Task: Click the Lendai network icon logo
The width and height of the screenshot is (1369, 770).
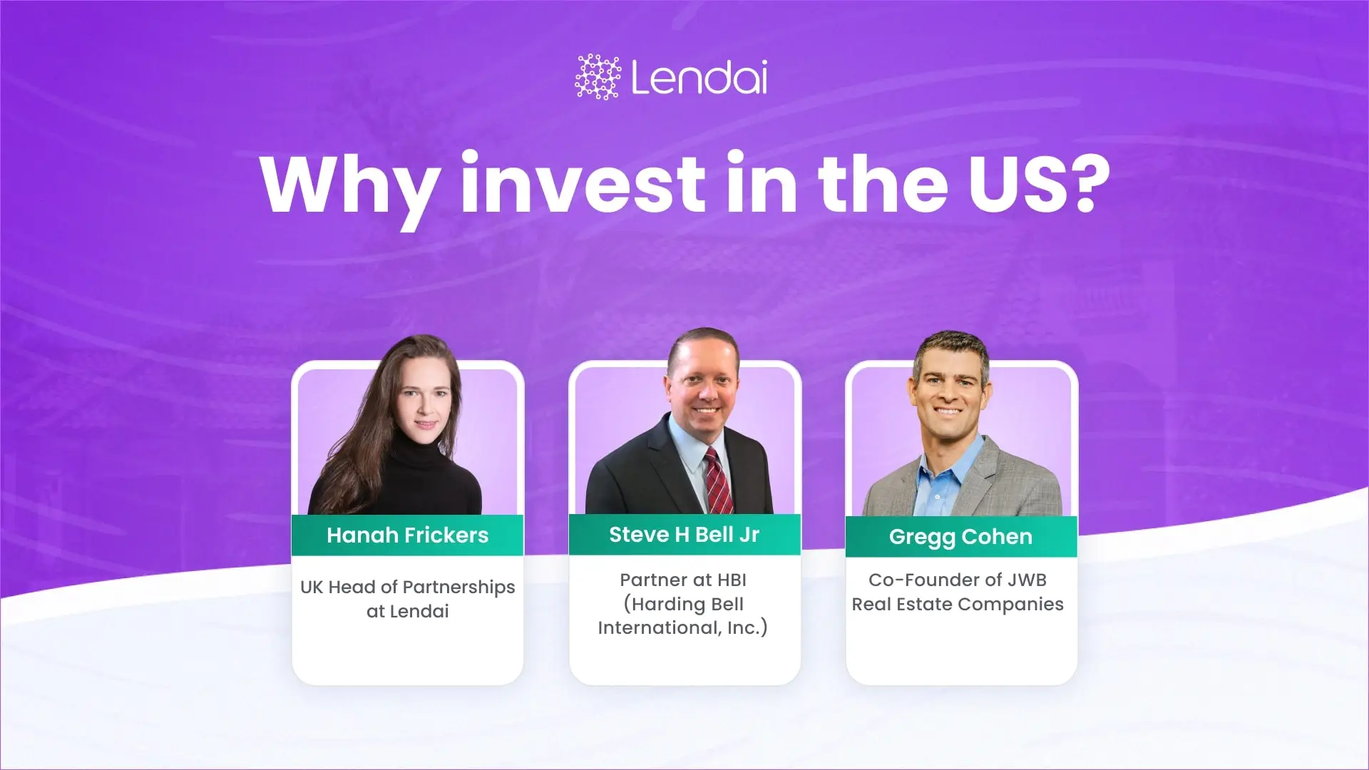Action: [598, 76]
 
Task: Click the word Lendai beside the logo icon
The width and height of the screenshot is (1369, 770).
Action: [699, 77]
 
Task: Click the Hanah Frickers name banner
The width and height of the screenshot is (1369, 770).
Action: [407, 535]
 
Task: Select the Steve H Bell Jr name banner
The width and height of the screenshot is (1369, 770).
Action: [684, 534]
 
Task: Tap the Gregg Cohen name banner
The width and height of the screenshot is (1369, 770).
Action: [960, 536]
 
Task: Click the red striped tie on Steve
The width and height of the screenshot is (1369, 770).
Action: [716, 481]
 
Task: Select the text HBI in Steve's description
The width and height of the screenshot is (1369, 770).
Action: [732, 580]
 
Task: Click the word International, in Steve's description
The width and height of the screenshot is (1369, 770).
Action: [659, 627]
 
